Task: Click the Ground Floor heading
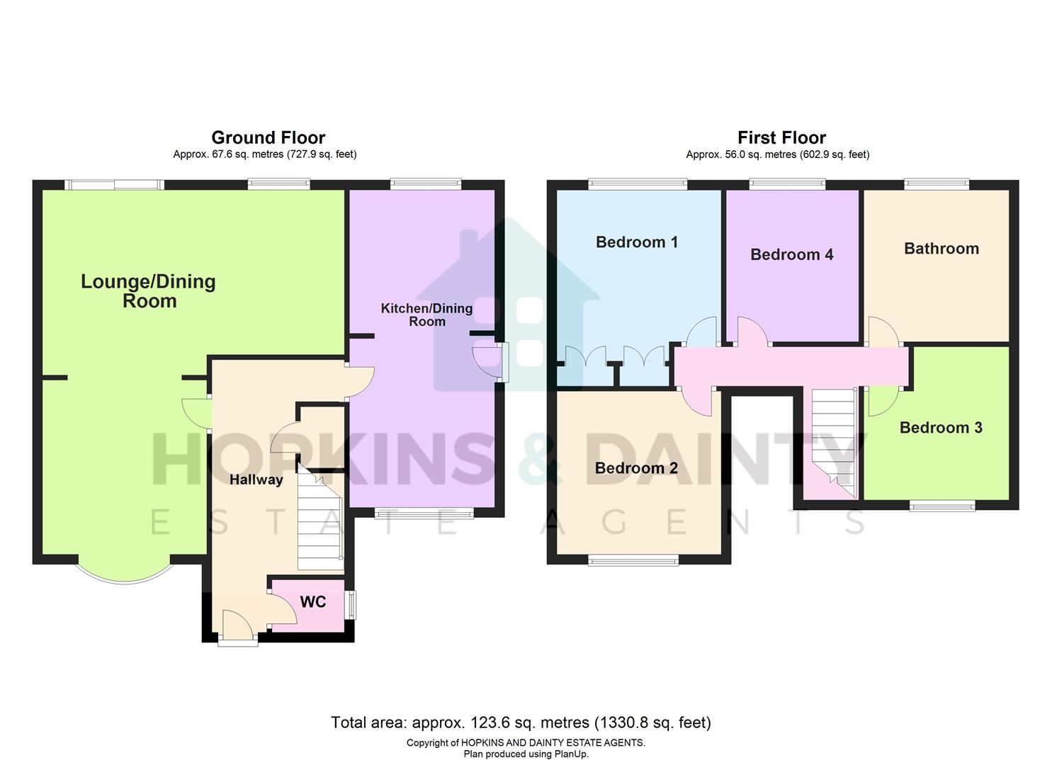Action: click(x=268, y=137)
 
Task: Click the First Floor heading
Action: click(x=781, y=137)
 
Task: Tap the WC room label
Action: click(x=313, y=602)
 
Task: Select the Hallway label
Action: click(x=256, y=480)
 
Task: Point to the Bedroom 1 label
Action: click(x=636, y=242)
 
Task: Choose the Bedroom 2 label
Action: click(x=636, y=468)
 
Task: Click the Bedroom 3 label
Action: click(x=940, y=428)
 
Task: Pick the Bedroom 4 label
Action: click(x=791, y=255)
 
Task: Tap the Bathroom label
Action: click(x=941, y=249)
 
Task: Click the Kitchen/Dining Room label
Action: click(x=426, y=314)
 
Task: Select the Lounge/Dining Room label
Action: click(x=149, y=291)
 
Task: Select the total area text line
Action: click(x=521, y=722)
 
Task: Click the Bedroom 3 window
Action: click(x=941, y=505)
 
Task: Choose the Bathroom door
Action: click(x=883, y=333)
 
